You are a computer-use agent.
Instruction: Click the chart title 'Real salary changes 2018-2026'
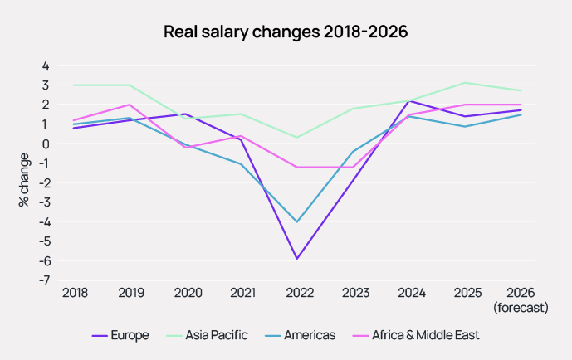click(286, 32)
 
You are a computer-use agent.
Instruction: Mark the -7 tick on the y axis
click(46, 280)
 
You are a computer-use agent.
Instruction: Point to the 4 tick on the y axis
click(46, 66)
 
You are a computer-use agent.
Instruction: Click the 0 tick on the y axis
click(46, 144)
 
